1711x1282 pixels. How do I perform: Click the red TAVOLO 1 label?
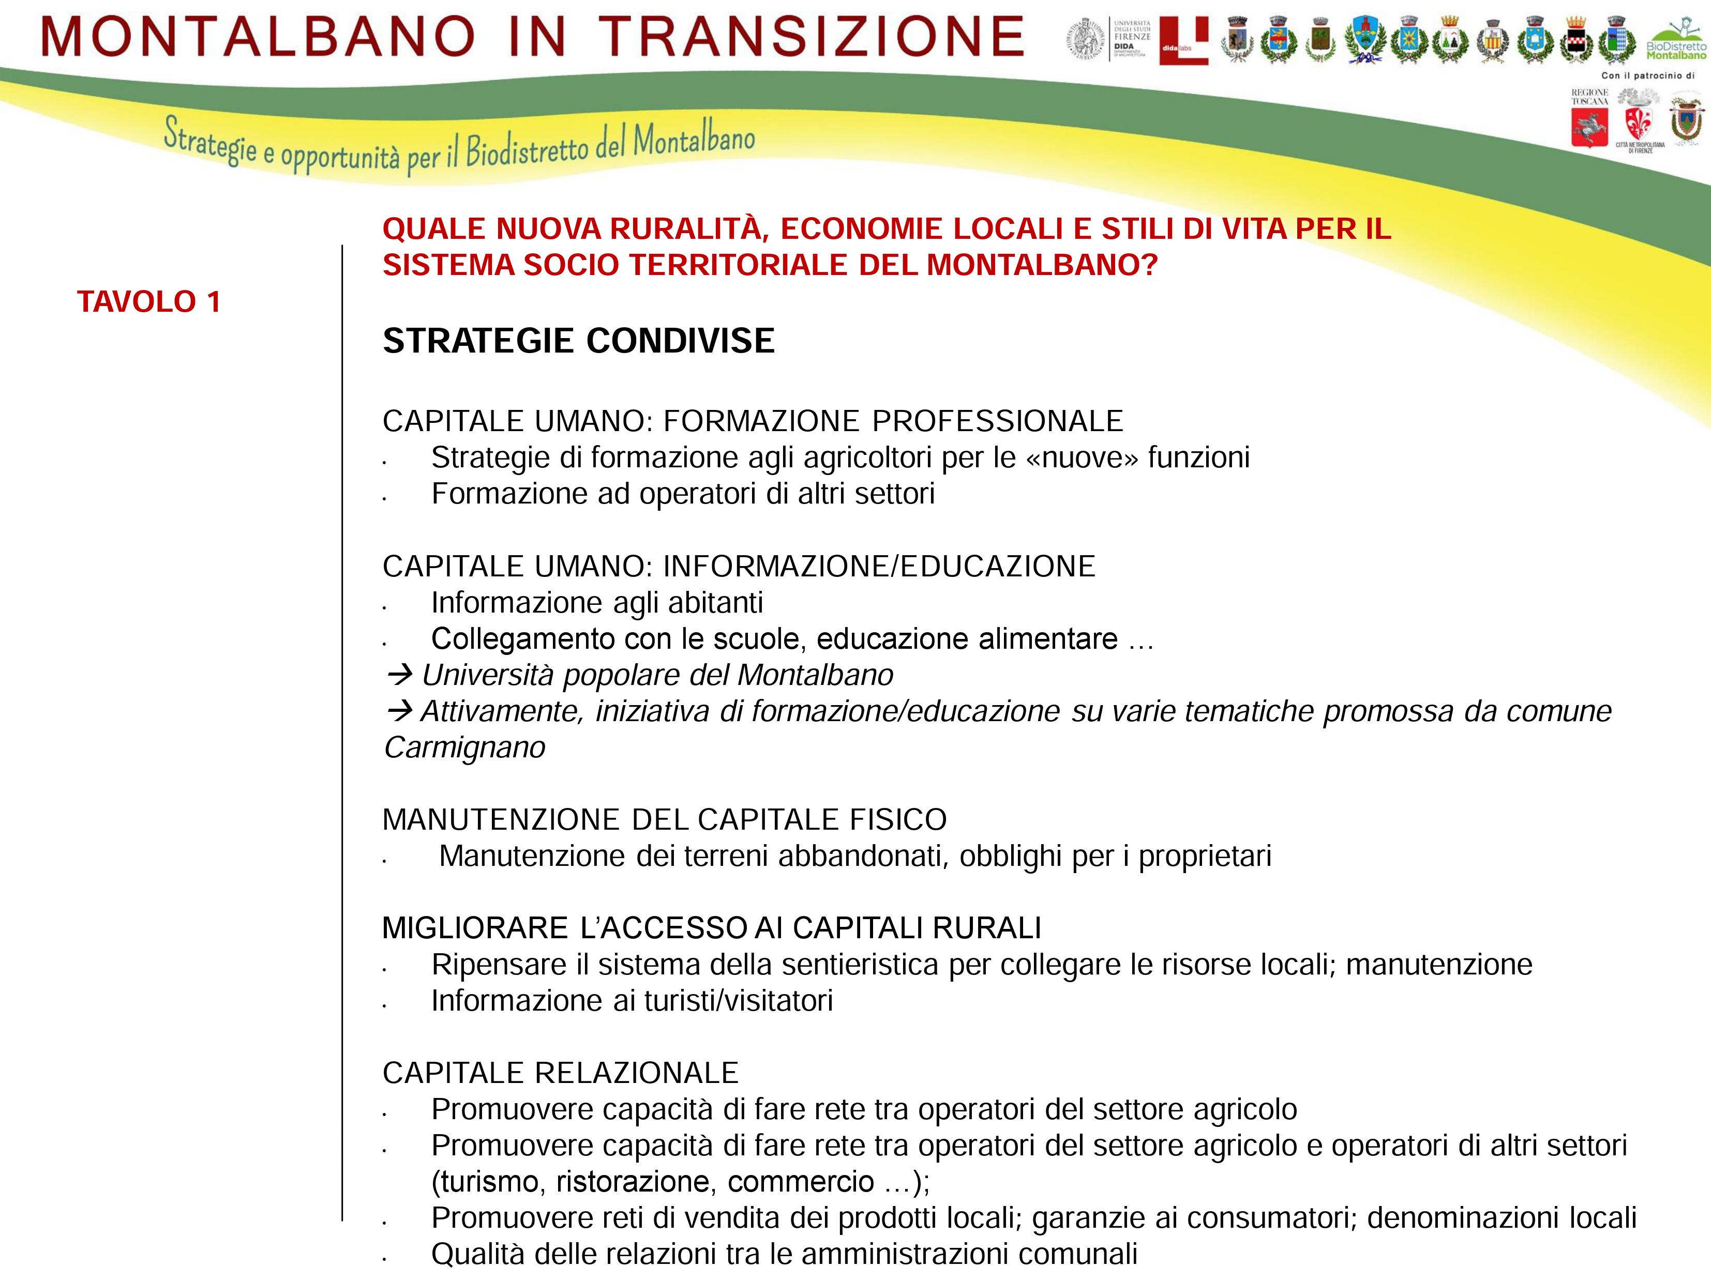[x=148, y=301]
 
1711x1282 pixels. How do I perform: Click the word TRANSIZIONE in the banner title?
[x=812, y=36]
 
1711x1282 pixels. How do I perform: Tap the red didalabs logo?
[x=1183, y=40]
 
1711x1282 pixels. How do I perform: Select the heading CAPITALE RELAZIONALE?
[x=560, y=1073]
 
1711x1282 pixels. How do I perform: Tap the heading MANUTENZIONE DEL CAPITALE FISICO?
[x=664, y=820]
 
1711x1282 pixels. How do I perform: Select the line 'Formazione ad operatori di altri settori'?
[x=682, y=493]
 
